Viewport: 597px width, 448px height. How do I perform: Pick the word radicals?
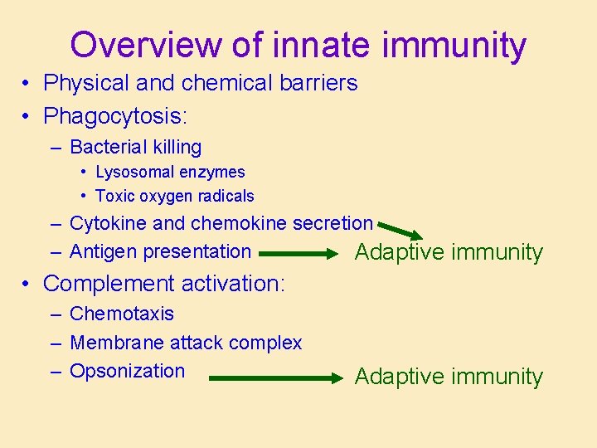tap(226, 197)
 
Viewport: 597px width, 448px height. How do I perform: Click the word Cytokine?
tap(108, 223)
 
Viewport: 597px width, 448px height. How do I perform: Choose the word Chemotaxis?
tap(122, 314)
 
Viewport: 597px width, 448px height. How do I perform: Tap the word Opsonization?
tap(127, 371)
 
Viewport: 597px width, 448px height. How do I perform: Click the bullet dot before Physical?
tap(28, 84)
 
